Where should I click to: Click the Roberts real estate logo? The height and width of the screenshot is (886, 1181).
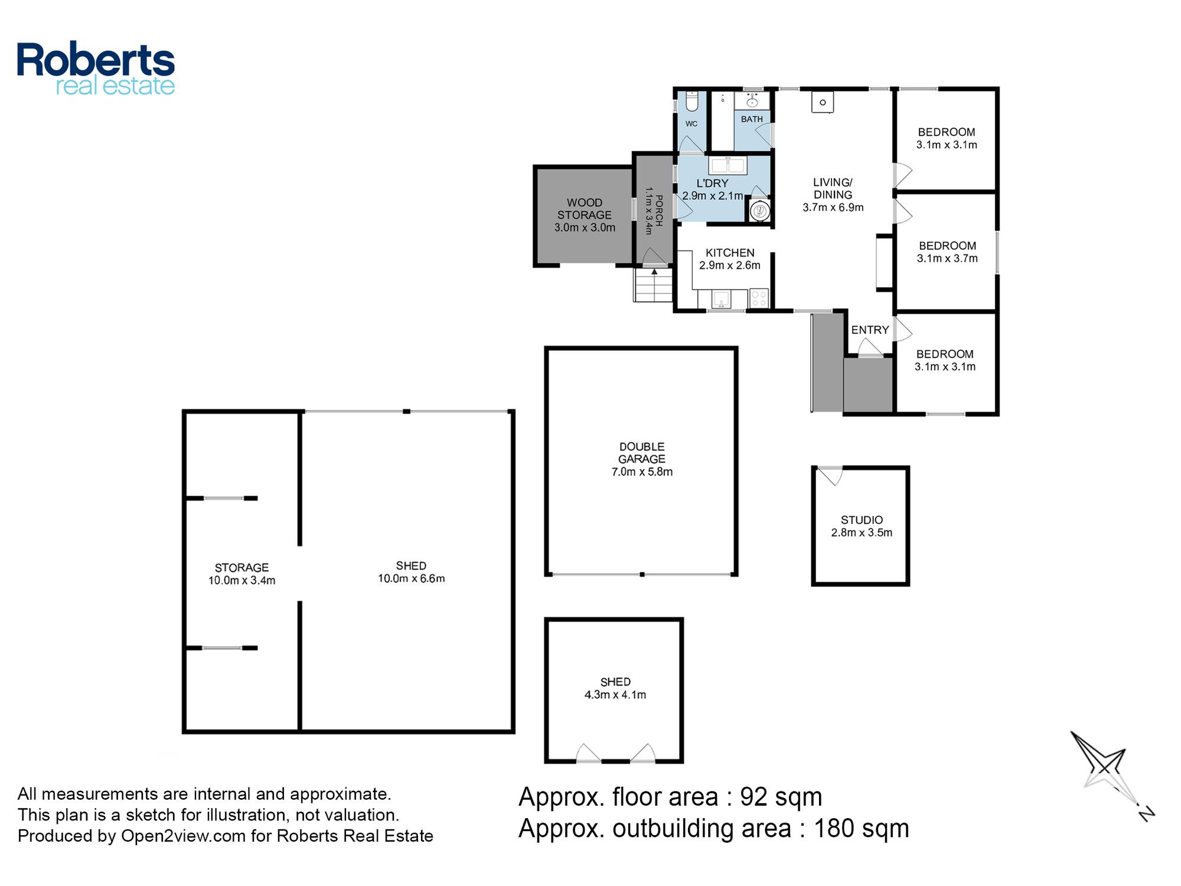[x=96, y=69]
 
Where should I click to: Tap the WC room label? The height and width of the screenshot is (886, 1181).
[x=691, y=123]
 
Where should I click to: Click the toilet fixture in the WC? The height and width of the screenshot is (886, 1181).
[x=693, y=101]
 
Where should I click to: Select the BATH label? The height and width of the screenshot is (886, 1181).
[x=752, y=119]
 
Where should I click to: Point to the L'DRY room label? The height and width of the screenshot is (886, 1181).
[x=712, y=183]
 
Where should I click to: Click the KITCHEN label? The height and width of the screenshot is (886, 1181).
[x=730, y=253]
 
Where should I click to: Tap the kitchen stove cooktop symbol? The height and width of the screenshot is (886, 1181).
[x=759, y=298]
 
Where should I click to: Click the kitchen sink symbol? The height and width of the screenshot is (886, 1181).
[x=721, y=299]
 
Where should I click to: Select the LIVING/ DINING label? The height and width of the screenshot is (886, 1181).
[x=833, y=188]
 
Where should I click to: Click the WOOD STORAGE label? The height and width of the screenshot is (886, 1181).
[x=585, y=209]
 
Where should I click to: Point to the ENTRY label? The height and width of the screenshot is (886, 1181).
[x=870, y=330]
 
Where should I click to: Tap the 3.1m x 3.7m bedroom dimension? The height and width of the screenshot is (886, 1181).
[x=947, y=258]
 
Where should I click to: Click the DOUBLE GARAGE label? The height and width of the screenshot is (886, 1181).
[x=642, y=452]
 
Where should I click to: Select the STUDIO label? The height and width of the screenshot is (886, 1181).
[x=862, y=520]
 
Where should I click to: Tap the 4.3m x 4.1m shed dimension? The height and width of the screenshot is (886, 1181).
[x=615, y=695]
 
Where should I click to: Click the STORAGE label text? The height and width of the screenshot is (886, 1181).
[x=242, y=568]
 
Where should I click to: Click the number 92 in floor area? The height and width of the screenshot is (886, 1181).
[x=754, y=797]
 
